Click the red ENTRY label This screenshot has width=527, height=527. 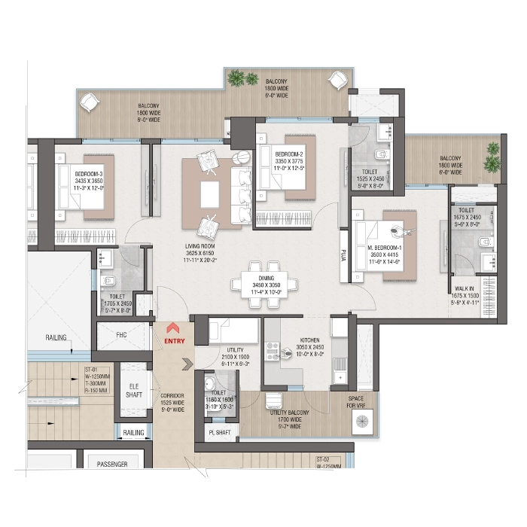173,341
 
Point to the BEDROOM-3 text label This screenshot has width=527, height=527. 88,174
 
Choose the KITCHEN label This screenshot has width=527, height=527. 311,341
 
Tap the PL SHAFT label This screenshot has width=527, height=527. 222,432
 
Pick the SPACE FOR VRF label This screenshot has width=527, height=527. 356,401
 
